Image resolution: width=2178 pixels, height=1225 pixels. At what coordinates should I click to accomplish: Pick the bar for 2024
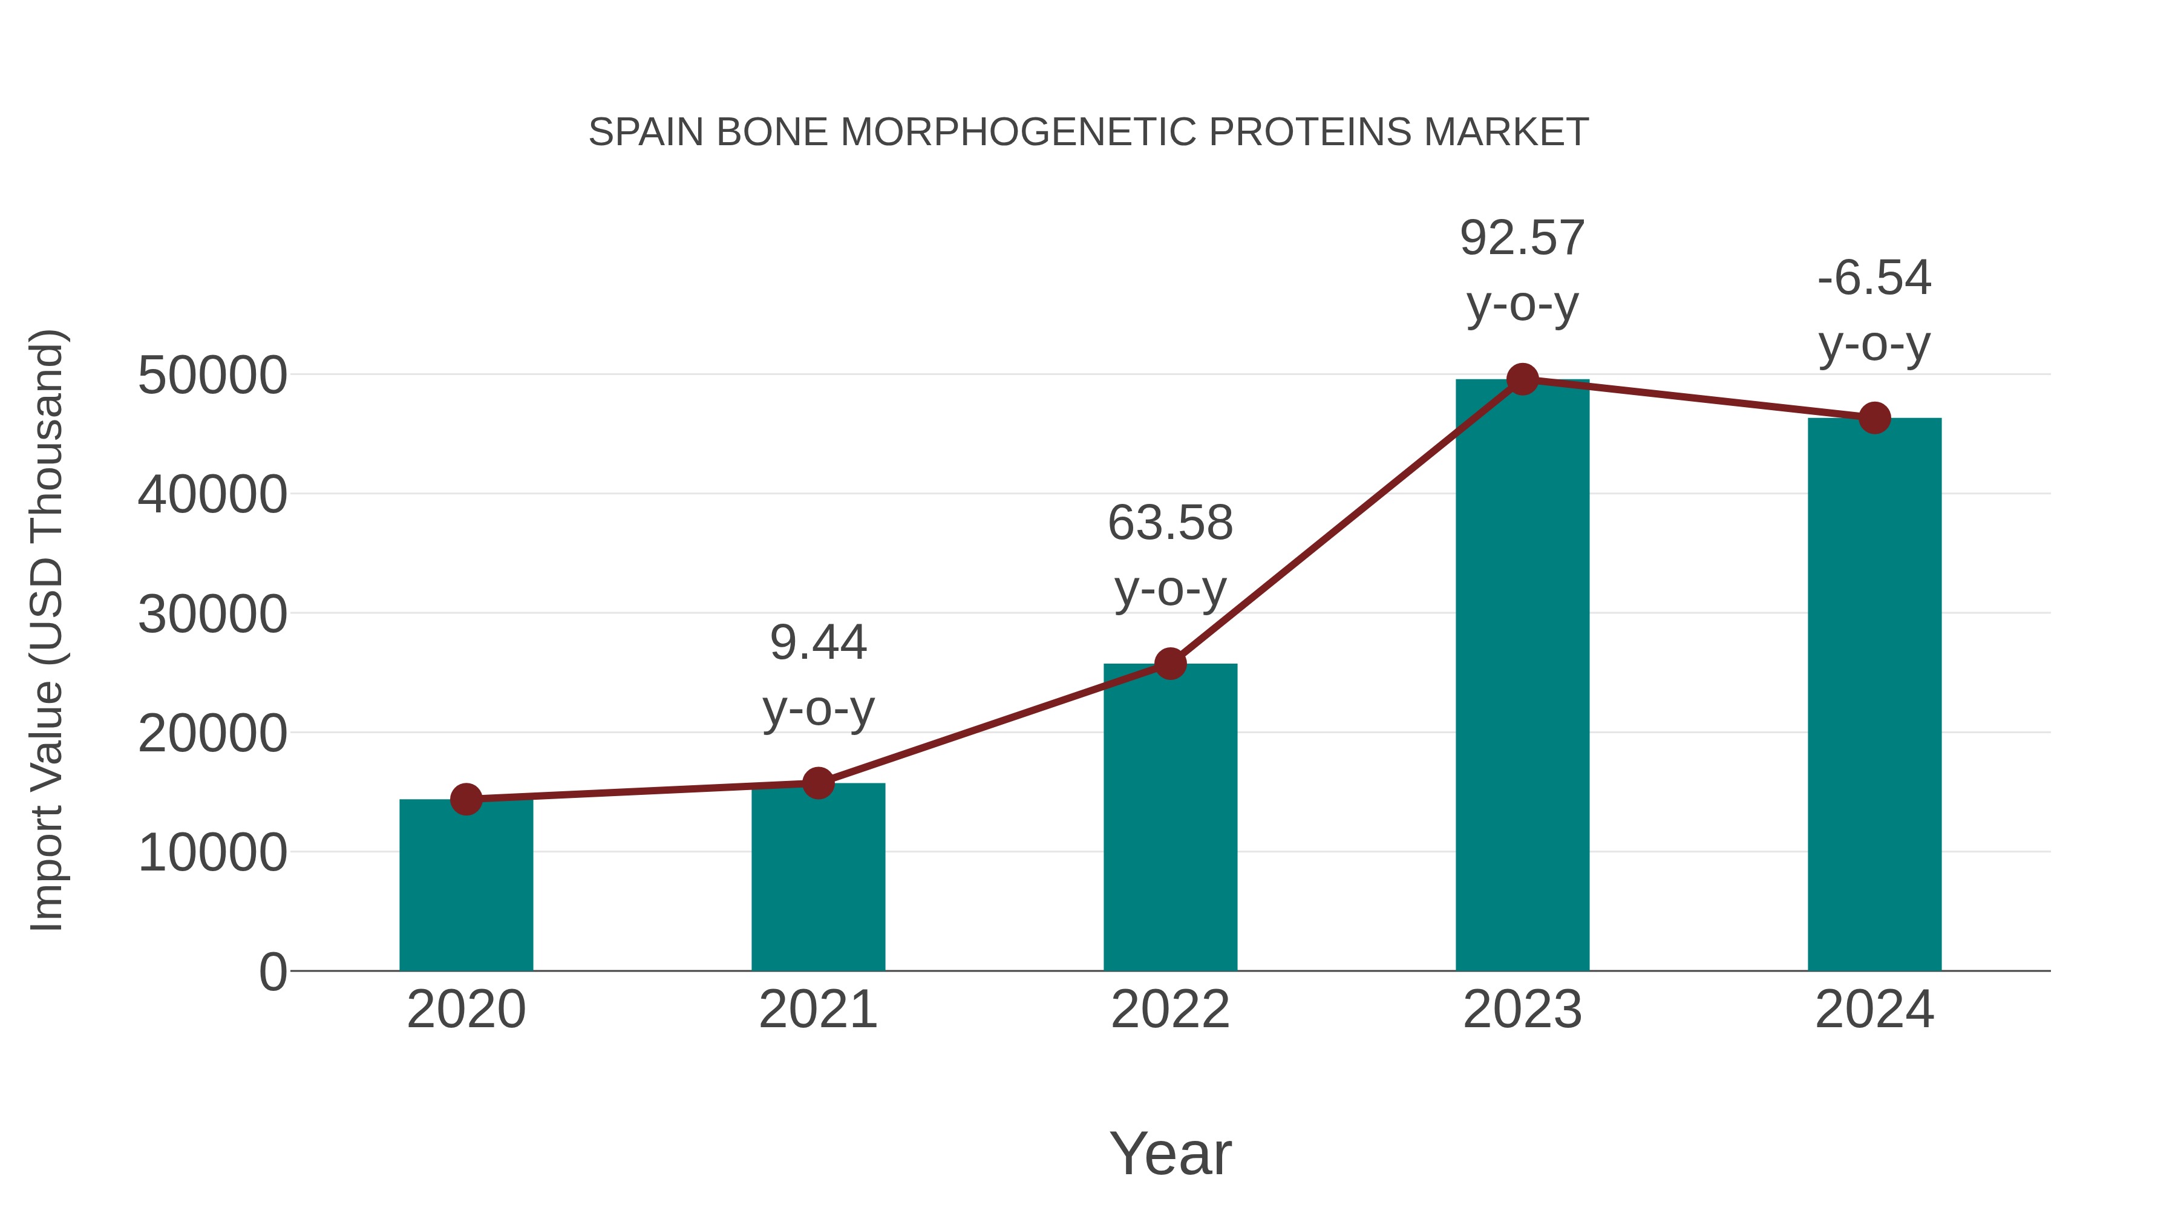pos(1874,693)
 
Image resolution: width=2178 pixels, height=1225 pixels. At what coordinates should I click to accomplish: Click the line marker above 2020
pos(466,799)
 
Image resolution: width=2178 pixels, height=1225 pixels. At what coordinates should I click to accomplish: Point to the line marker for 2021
pos(817,783)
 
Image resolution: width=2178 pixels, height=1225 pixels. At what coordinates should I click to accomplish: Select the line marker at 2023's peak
pos(1522,379)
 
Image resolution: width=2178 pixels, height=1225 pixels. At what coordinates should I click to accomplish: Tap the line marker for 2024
pos(1874,417)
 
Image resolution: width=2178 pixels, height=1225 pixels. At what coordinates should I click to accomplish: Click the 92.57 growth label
pos(1522,238)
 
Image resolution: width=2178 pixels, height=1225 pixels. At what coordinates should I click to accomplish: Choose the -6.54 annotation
pos(1874,278)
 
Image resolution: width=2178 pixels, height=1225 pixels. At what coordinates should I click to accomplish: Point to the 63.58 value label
pos(1170,523)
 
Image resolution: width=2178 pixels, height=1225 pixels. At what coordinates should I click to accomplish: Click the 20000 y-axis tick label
pos(212,734)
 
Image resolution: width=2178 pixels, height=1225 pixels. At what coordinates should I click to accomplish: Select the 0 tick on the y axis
pos(272,972)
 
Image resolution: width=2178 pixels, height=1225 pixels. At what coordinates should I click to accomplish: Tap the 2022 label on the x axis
pos(1170,1010)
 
